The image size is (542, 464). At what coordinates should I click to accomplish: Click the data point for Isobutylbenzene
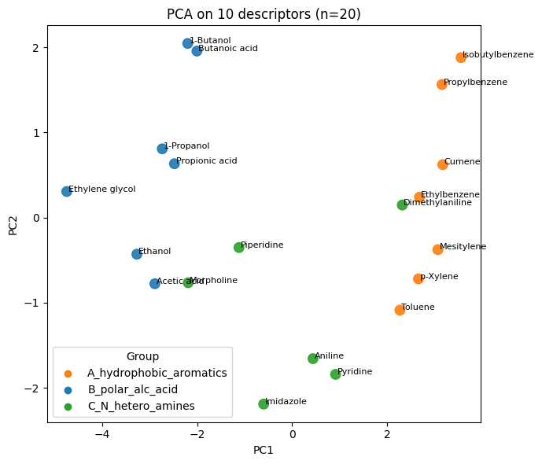(461, 57)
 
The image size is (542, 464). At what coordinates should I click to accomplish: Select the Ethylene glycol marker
(67, 191)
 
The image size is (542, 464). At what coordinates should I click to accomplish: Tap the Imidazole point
(264, 404)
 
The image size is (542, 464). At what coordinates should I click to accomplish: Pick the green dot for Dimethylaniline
(402, 204)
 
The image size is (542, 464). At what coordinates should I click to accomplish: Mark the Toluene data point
(400, 310)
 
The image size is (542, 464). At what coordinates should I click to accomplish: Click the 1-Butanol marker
(188, 43)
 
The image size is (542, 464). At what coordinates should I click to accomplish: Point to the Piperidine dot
(238, 248)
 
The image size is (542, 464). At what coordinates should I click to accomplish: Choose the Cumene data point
(443, 164)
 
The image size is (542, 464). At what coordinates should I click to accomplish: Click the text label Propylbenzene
(475, 82)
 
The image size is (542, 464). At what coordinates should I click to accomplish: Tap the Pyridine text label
(355, 371)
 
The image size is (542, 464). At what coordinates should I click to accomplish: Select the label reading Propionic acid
(206, 160)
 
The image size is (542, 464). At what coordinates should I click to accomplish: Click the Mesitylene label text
(463, 246)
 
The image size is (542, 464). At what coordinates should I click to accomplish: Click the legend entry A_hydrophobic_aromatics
(157, 373)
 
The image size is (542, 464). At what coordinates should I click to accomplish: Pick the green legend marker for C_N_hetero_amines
(68, 407)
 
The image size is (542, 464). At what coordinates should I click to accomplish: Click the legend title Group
(142, 356)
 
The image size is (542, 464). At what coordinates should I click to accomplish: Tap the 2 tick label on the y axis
(35, 48)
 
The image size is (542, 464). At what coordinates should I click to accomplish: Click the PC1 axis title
(264, 450)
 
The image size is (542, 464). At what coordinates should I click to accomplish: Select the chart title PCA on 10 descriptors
(264, 13)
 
